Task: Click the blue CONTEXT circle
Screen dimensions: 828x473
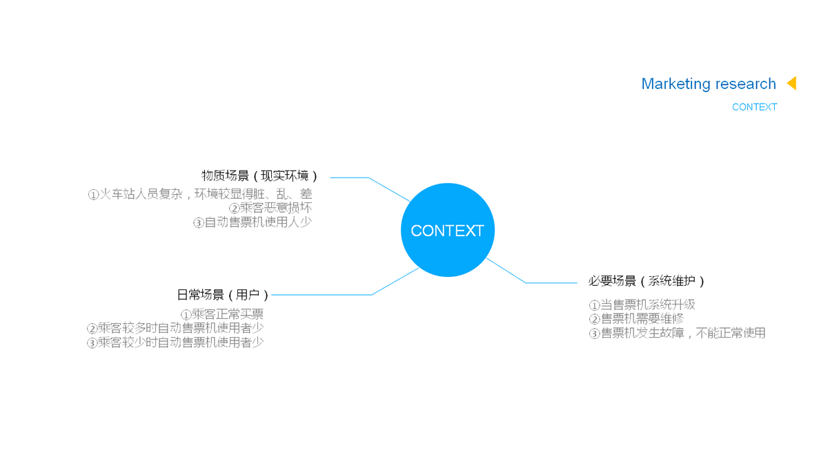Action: (447, 230)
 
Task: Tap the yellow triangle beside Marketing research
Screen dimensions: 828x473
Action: (791, 83)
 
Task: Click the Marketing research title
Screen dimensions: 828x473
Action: (708, 84)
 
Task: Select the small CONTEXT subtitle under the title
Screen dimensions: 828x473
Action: (754, 107)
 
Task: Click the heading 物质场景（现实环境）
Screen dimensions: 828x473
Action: (260, 176)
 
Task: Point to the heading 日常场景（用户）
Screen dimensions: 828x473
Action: (223, 295)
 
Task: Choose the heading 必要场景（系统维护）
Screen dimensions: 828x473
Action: (647, 281)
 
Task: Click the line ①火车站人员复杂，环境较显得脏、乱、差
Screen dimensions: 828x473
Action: (200, 194)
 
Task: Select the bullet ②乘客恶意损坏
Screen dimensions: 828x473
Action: (270, 208)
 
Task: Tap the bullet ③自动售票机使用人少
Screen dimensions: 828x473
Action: (253, 222)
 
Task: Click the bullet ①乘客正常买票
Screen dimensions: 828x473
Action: (222, 314)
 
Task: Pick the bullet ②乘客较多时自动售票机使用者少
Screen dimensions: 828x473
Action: (175, 328)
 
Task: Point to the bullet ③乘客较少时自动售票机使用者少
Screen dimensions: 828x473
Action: (175, 342)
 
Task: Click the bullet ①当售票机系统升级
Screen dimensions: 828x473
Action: (642, 305)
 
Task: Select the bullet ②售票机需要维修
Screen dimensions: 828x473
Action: (636, 318)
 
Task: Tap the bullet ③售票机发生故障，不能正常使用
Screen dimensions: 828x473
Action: (677, 333)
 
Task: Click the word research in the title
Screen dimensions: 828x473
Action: (745, 84)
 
